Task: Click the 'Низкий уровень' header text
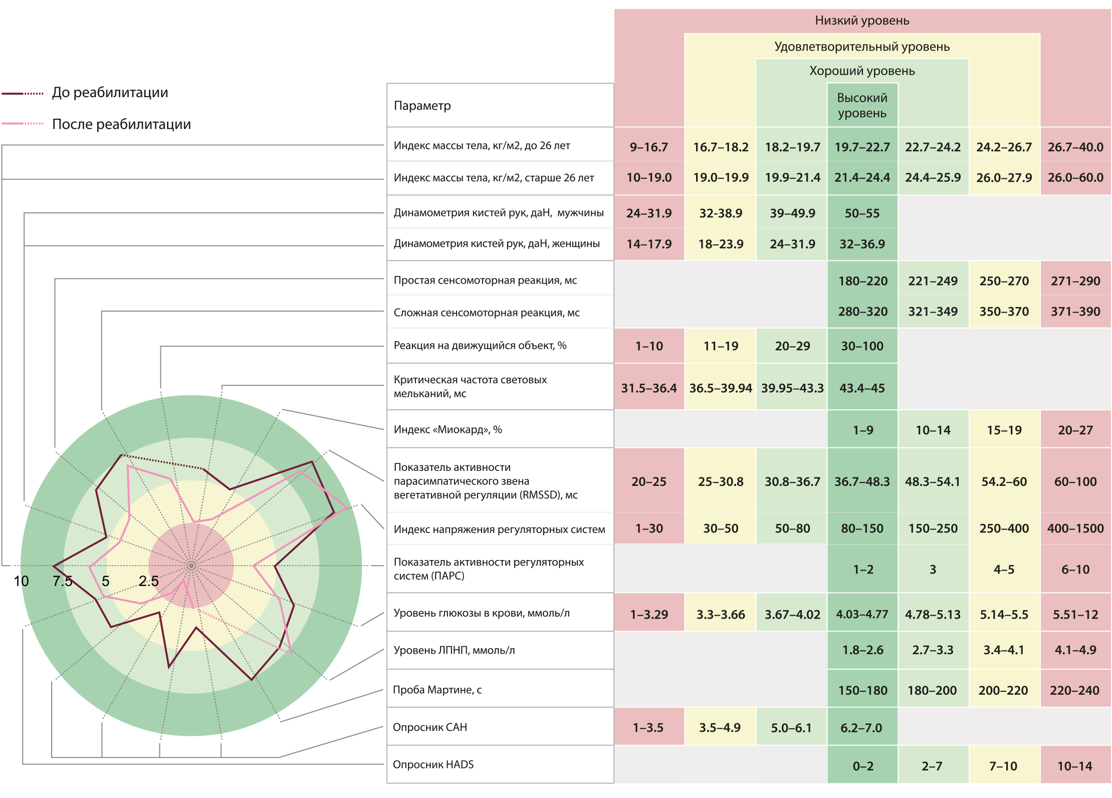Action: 861,21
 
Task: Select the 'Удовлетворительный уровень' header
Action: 861,47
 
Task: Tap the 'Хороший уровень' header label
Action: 861,71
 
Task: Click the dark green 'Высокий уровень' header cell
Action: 862,105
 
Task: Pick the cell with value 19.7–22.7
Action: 862,147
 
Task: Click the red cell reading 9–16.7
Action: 648,147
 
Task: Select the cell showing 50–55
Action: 862,213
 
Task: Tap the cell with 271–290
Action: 1075,281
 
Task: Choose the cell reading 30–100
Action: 862,346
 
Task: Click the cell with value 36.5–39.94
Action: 720,388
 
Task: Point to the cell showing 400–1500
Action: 1075,528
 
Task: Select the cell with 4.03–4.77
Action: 862,614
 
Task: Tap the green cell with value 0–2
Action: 862,766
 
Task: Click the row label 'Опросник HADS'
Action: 433,764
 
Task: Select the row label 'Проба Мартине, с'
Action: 437,690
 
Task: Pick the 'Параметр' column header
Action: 422,106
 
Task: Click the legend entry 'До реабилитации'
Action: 110,93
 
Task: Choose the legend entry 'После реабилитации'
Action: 121,124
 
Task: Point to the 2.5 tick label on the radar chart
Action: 148,581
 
